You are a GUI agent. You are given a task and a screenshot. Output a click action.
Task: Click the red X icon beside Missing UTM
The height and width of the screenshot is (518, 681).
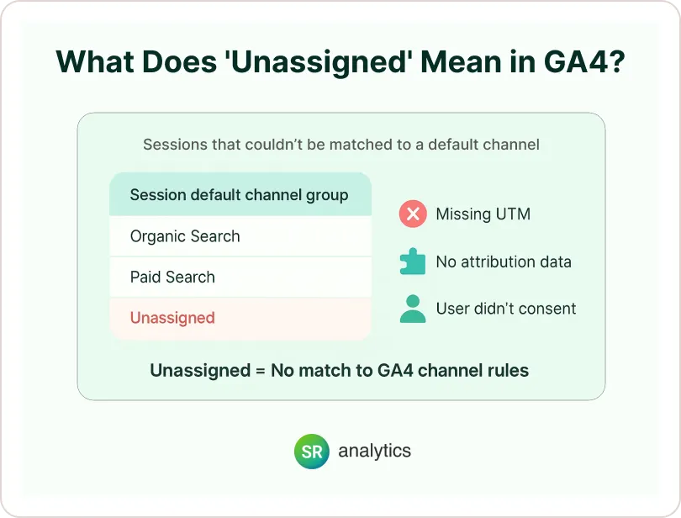click(413, 214)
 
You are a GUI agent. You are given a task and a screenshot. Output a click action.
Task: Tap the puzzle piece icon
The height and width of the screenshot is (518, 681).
click(413, 262)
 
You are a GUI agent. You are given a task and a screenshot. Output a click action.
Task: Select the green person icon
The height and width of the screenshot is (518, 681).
click(413, 309)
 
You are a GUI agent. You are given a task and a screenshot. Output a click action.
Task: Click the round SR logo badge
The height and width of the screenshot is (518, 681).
click(311, 451)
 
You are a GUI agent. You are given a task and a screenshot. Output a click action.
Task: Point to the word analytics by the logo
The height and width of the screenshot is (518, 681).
click(374, 451)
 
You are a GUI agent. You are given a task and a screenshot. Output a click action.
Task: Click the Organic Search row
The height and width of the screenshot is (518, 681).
click(240, 236)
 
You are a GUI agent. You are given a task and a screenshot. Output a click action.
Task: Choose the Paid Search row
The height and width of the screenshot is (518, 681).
click(240, 277)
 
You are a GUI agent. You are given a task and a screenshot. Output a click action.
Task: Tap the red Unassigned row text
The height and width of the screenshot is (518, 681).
click(172, 318)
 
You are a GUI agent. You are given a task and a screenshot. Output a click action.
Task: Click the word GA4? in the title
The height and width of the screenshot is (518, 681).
click(584, 61)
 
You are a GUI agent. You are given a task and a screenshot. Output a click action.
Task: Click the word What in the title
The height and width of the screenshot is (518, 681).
click(94, 61)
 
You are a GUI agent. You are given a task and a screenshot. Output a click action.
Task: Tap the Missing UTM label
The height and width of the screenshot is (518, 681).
click(483, 214)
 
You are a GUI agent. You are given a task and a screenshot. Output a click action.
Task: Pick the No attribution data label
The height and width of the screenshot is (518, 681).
click(504, 262)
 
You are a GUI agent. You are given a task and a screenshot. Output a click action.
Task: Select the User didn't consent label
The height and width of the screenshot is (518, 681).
click(506, 309)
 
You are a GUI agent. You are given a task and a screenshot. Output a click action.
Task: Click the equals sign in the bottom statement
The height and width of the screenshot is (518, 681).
click(260, 371)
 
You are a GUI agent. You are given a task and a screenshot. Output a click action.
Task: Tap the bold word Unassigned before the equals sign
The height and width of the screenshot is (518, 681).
click(200, 371)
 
